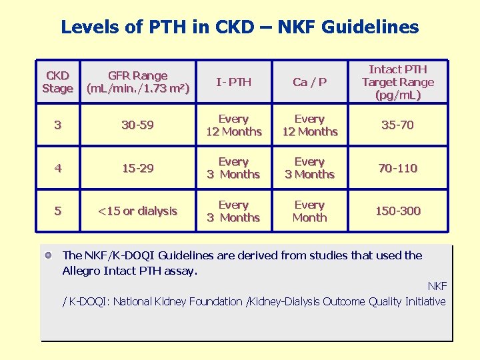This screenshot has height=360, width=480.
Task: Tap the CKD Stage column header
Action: pyautogui.click(x=57, y=82)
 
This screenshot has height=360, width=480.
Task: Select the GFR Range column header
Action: pyautogui.click(x=138, y=82)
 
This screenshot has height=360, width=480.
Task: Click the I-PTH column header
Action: pyautogui.click(x=233, y=82)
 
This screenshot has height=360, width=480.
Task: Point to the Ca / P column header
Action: pyautogui.click(x=309, y=82)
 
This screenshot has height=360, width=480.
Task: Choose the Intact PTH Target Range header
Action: pyautogui.click(x=397, y=82)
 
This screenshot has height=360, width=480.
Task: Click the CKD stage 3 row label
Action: pyautogui.click(x=57, y=125)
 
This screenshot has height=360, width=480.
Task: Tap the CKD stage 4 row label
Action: pyautogui.click(x=57, y=168)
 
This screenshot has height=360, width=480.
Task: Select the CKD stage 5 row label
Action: pyautogui.click(x=57, y=211)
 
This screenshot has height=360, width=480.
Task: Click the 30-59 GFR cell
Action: pyautogui.click(x=138, y=125)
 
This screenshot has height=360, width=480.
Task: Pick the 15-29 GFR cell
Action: pyautogui.click(x=138, y=168)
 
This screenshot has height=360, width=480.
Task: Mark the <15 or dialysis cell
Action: pyautogui.click(x=138, y=211)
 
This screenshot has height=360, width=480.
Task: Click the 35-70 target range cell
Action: pyautogui.click(x=397, y=125)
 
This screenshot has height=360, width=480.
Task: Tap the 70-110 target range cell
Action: pyautogui.click(x=397, y=168)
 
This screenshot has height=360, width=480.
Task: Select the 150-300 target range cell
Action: pyautogui.click(x=397, y=211)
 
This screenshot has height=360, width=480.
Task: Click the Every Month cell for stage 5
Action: pyautogui.click(x=309, y=211)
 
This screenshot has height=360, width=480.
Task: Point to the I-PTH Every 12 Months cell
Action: pyautogui.click(x=233, y=125)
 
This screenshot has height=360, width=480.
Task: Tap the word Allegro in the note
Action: pyautogui.click(x=83, y=271)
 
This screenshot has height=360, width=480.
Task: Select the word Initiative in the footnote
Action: pyautogui.click(x=425, y=301)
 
